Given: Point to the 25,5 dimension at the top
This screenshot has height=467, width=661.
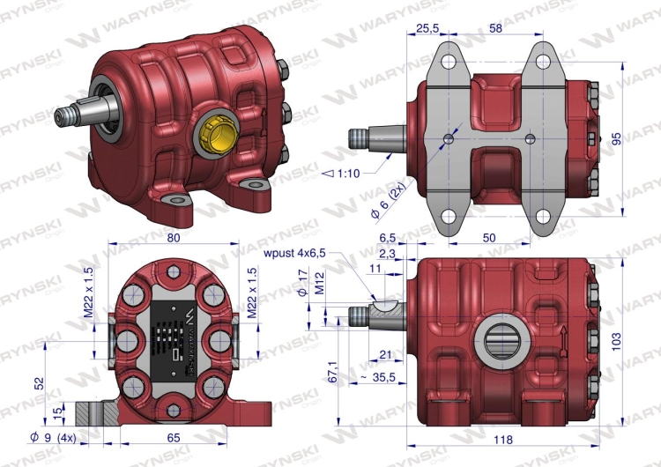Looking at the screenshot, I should pyautogui.click(x=427, y=29).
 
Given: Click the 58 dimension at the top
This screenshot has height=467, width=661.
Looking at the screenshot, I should pyautogui.click(x=495, y=29).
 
